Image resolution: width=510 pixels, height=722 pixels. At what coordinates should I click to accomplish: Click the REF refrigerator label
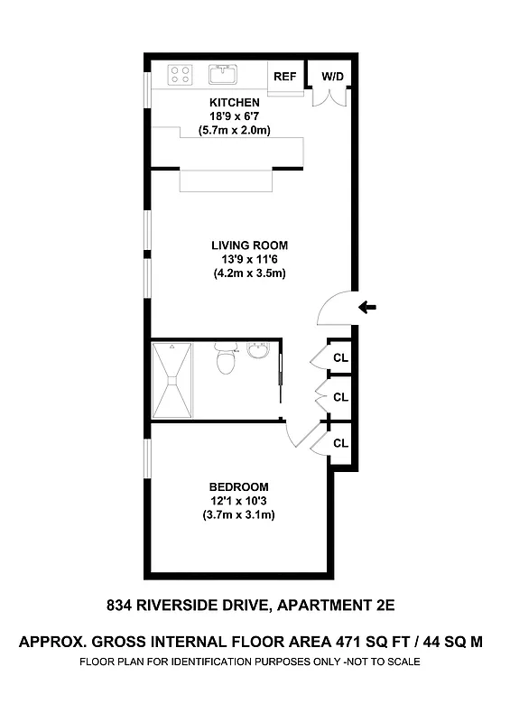(285, 77)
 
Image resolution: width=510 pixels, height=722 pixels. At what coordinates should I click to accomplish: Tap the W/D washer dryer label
(333, 77)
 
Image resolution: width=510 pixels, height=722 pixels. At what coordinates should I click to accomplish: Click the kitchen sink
(222, 73)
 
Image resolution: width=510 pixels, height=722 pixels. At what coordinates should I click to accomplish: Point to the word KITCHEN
(235, 103)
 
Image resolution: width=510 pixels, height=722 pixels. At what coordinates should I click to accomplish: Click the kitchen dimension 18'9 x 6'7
(235, 116)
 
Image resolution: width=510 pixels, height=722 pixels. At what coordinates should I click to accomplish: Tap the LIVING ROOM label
(249, 245)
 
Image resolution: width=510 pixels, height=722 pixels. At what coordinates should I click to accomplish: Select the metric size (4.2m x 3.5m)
(249, 273)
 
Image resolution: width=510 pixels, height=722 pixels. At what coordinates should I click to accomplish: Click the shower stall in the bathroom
(172, 380)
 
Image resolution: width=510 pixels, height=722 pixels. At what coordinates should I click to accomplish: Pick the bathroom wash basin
(258, 352)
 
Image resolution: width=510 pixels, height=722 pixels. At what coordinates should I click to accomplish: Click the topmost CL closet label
(340, 357)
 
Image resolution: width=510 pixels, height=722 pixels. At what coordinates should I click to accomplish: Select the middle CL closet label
(340, 397)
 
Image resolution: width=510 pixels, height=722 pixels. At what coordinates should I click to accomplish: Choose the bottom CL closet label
(340, 442)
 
